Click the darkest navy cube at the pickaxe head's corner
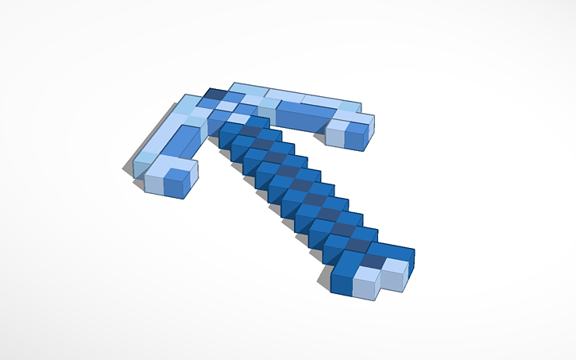pyautogui.click(x=215, y=94)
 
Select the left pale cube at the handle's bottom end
pyautogui.click(x=364, y=285)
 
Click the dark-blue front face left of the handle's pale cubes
pyautogui.click(x=342, y=282)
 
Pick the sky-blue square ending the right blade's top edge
pyautogui.click(x=349, y=106)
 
